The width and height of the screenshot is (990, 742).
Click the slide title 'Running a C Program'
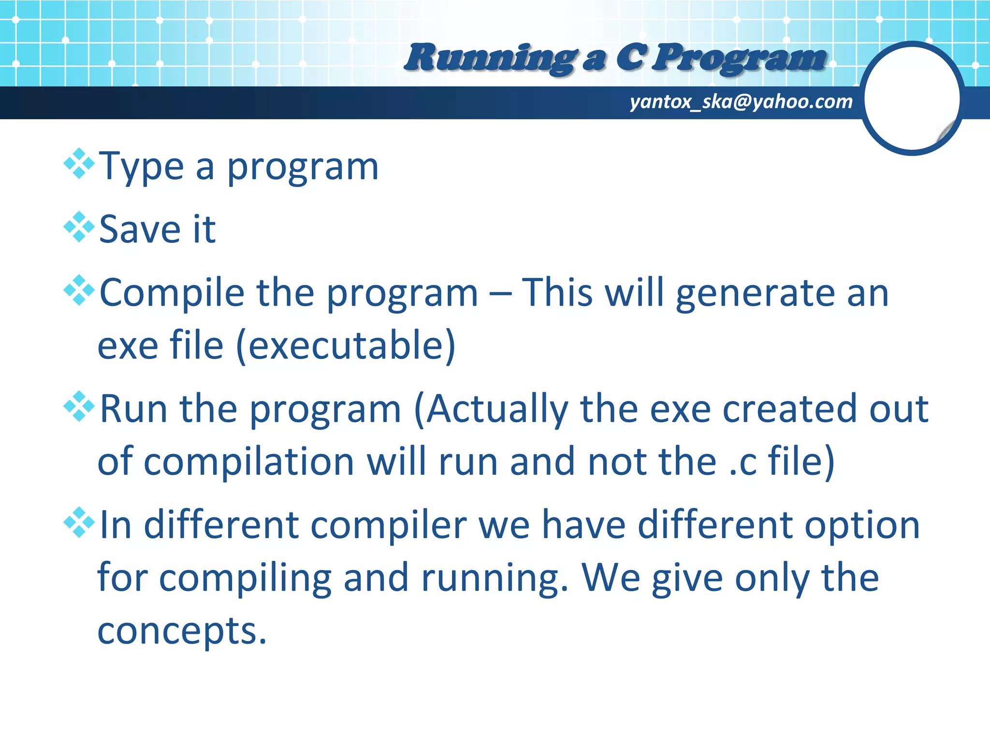point(615,58)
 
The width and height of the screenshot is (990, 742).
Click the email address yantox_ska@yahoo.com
point(741,102)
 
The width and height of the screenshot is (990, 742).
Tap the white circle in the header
point(912,99)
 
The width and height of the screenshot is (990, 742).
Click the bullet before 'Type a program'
point(79,164)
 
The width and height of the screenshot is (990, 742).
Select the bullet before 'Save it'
point(79,227)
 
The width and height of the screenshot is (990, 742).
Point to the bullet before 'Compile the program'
point(79,290)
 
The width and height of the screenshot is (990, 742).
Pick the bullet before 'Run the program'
point(79,406)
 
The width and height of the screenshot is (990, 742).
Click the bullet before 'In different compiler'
point(79,523)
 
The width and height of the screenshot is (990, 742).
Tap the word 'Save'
point(140,229)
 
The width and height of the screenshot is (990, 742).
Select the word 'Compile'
point(172,294)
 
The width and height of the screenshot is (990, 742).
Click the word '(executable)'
point(346,346)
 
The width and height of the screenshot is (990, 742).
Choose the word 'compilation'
point(249,462)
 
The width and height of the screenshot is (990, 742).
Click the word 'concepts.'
point(182,631)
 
